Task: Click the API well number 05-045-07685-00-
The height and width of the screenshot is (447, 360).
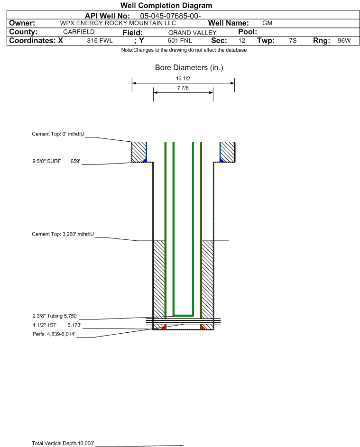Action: (170, 16)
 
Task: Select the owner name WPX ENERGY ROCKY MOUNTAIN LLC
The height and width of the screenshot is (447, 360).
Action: (118, 23)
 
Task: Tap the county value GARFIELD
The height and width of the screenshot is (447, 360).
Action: (79, 32)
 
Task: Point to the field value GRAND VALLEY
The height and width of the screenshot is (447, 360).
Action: (192, 33)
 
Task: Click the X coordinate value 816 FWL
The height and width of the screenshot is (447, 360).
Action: (100, 40)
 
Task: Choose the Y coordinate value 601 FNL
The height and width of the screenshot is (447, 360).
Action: (180, 40)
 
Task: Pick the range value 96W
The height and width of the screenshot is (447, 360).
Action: (344, 40)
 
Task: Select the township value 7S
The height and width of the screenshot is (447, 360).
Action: (293, 40)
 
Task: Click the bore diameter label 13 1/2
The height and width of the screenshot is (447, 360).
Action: (183, 78)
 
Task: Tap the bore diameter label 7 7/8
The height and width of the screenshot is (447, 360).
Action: (183, 88)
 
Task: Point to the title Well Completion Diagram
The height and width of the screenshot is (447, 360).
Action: (166, 5)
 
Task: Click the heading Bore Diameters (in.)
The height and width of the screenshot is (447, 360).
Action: (189, 68)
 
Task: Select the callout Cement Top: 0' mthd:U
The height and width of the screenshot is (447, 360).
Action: (58, 134)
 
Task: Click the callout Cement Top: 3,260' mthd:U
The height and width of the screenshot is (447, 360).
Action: (63, 234)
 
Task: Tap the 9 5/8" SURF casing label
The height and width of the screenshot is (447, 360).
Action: (46, 161)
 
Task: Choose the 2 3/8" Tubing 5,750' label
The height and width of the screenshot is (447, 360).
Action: (55, 316)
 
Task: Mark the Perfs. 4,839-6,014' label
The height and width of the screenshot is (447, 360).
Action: (54, 334)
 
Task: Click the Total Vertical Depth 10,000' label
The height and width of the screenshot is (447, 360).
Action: (63, 443)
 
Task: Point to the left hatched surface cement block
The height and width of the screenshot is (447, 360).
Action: (138, 152)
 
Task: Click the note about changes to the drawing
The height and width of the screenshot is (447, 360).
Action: (184, 50)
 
